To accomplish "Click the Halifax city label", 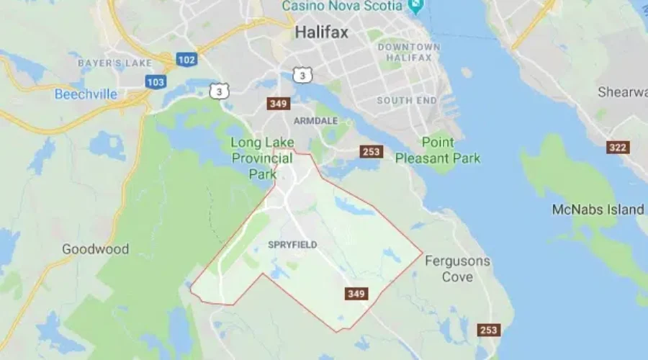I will point(321,32).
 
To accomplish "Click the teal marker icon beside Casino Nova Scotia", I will point(415,6).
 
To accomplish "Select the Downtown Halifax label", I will point(409,53).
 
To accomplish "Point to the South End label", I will point(405,100).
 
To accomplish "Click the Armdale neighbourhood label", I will point(315,120).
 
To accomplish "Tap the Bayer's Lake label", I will point(115,63).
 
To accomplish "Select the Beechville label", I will point(85,94).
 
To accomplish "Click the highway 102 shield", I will point(186,60).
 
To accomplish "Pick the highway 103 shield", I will point(155,82).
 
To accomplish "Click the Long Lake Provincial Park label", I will point(261,158).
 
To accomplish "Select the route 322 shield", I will point(618,148).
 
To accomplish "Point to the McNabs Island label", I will point(598,210).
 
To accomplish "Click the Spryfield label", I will point(292,245).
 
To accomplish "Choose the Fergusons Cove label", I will point(457,269).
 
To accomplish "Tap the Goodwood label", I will point(95,249).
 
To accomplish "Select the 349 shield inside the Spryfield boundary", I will point(356,294).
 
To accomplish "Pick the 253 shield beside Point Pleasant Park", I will point(372,152).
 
